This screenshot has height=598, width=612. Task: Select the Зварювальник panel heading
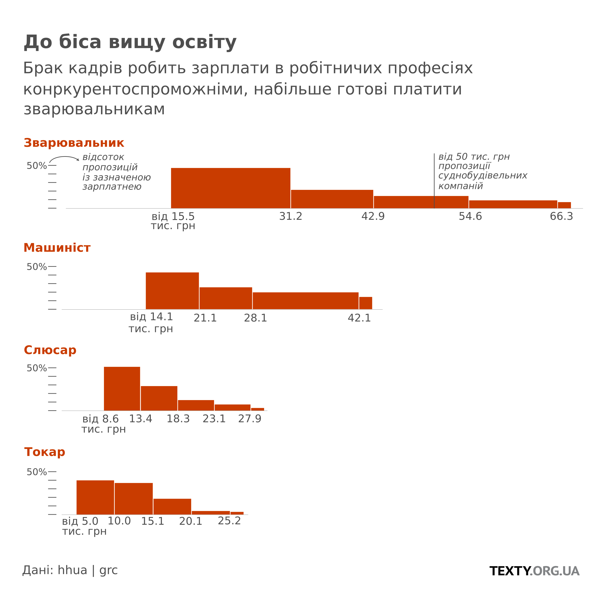[x=74, y=143]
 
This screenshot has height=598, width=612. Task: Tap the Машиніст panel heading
[x=57, y=248]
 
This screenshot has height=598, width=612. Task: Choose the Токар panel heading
[x=45, y=452]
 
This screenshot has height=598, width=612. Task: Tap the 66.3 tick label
[x=561, y=216]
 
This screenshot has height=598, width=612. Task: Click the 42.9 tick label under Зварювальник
[x=373, y=216]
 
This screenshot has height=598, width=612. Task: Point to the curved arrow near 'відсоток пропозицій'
[x=64, y=158]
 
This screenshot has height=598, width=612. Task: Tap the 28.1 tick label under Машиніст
[x=255, y=318]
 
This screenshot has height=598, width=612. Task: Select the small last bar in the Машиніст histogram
[x=366, y=303]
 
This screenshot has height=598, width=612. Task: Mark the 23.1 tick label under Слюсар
[x=214, y=419]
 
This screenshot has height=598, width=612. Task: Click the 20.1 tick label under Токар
[x=190, y=521]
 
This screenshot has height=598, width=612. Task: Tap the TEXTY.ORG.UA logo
[x=534, y=571]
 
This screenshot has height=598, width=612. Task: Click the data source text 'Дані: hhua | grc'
[x=70, y=570]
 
